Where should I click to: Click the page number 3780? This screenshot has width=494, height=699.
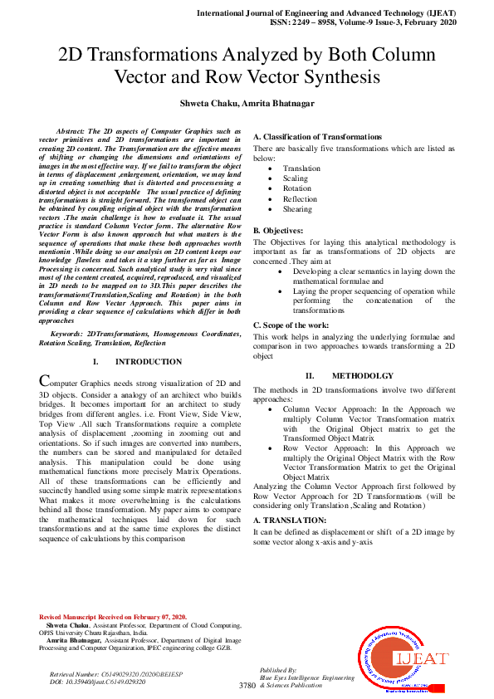[x=247, y=686]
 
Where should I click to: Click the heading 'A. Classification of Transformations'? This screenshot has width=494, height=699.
[x=317, y=136]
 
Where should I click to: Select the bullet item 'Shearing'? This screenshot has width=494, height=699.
[x=296, y=209]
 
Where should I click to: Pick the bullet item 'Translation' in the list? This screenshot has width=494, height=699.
[x=301, y=169]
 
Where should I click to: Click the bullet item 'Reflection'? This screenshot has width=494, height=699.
[x=300, y=199]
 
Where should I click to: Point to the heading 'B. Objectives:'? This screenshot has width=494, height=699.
[x=278, y=229]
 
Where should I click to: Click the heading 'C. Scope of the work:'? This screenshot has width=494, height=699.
[x=291, y=325]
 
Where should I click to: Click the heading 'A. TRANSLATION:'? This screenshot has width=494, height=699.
[x=289, y=520]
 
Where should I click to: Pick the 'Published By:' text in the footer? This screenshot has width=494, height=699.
[x=278, y=668]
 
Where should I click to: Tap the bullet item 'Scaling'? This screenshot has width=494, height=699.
[x=295, y=178]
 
